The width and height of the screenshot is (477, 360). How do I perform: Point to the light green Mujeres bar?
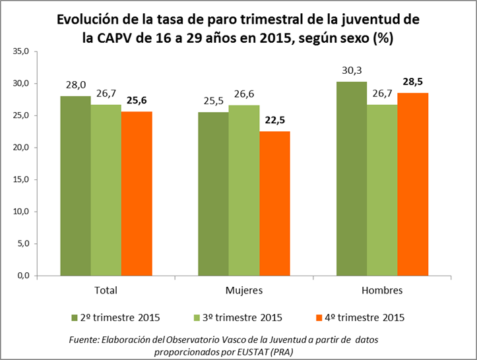pos(244,191)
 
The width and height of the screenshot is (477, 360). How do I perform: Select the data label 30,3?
pos(351,70)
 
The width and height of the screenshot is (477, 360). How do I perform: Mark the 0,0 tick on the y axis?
pos(22,276)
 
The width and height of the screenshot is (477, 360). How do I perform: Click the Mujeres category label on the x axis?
pos(244,290)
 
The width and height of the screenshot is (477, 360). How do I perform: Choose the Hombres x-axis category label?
pos(382,290)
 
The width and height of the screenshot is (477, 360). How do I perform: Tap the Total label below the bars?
pos(106,290)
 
